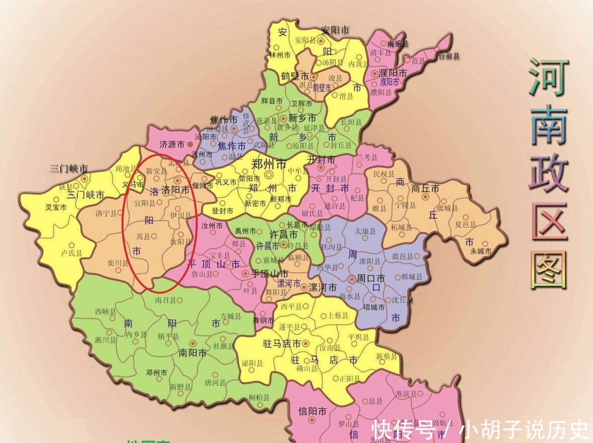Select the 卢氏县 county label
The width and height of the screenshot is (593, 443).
[71, 253]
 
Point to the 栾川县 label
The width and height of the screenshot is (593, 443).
[117, 262]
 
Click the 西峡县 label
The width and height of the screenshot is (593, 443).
[105, 311]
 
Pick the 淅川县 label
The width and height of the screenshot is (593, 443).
[105, 340]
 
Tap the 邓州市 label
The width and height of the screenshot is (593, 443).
[156, 373]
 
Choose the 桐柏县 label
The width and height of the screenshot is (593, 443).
[259, 397]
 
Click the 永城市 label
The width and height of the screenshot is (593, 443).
[480, 251]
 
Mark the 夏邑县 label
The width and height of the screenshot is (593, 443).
[465, 225]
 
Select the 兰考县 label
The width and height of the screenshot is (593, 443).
[367, 158]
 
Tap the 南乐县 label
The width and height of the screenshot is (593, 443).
[398, 44]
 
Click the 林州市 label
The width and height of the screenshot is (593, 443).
[280, 55]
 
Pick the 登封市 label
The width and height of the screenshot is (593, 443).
[223, 211]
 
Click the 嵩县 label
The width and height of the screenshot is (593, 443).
[143, 235]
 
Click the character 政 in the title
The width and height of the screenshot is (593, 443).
[549, 174]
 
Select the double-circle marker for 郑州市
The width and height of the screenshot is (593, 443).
[269, 175]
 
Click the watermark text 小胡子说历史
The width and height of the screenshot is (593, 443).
[525, 429]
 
